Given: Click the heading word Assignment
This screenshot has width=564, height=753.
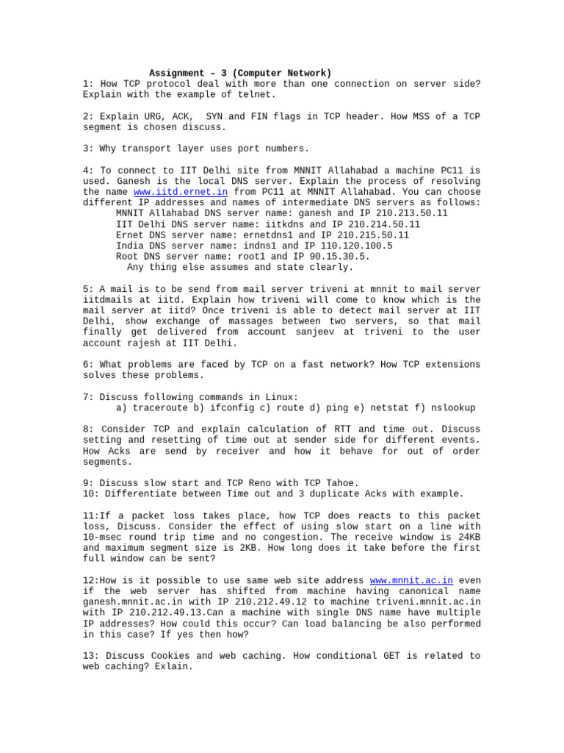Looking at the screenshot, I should click(177, 73).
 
